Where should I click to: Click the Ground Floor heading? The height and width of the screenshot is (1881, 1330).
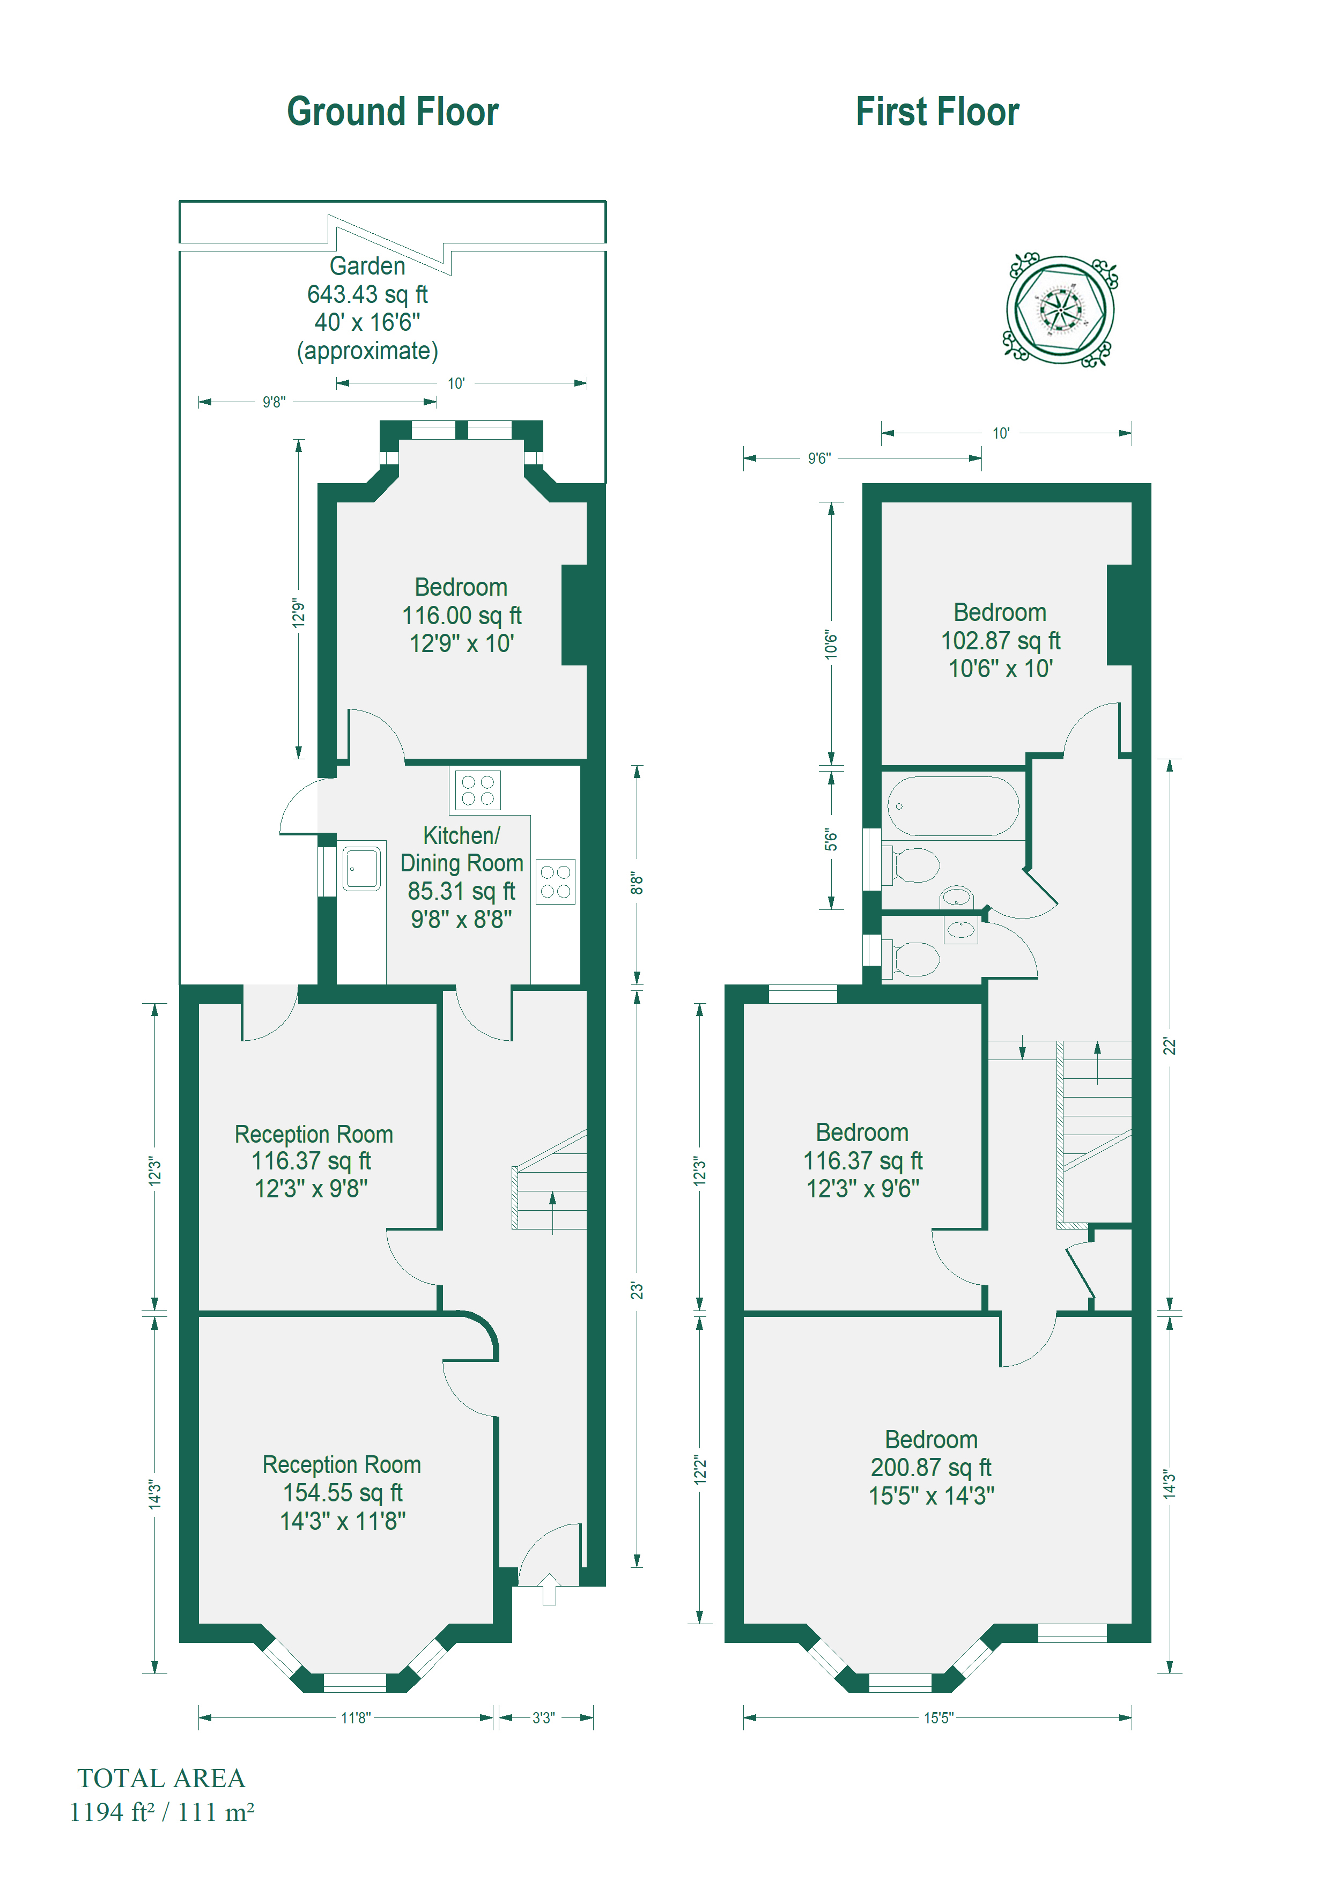393,112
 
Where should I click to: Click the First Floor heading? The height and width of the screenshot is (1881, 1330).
937,112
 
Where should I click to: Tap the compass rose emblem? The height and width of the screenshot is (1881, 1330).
1060,310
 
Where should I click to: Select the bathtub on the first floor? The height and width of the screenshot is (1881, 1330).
953,805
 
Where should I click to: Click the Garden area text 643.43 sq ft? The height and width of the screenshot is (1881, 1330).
367,294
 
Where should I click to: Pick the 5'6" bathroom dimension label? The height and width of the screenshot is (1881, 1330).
831,840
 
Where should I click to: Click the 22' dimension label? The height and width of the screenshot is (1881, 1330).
1170,1046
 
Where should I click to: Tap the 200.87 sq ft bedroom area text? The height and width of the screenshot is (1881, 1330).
931,1467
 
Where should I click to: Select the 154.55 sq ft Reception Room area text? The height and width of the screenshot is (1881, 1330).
343,1493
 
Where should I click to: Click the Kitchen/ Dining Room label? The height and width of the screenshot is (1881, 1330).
461,849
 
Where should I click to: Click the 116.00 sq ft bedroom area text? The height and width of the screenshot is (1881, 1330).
461,615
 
